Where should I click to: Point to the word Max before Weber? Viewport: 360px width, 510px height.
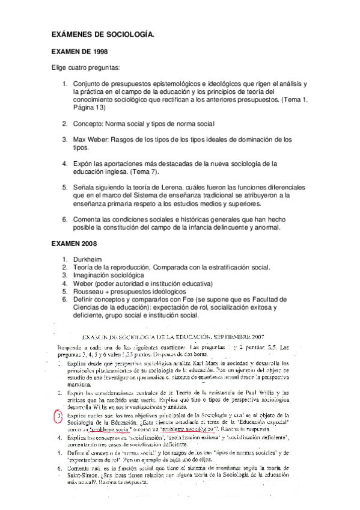(80, 139)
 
